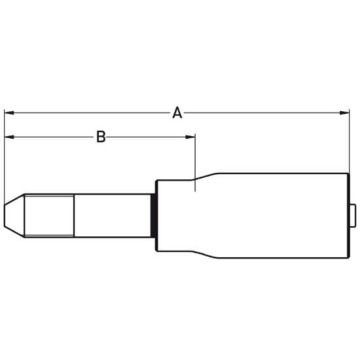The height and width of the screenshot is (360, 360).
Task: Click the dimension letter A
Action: (x=177, y=113)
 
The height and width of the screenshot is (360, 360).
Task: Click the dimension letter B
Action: (x=101, y=137)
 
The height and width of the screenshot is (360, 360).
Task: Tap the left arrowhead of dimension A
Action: (x=9, y=113)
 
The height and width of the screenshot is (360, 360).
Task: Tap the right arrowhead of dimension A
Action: (x=344, y=113)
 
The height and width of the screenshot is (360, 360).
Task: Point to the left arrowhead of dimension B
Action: (x=9, y=137)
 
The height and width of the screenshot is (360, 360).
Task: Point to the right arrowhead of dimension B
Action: (x=190, y=137)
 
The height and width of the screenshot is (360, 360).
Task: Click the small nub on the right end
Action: (x=353, y=215)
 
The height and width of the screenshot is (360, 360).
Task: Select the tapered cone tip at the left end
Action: (x=14, y=215)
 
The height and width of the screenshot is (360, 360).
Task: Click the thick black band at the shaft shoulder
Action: (x=153, y=215)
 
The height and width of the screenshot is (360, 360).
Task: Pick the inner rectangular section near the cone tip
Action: (x=49, y=215)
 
